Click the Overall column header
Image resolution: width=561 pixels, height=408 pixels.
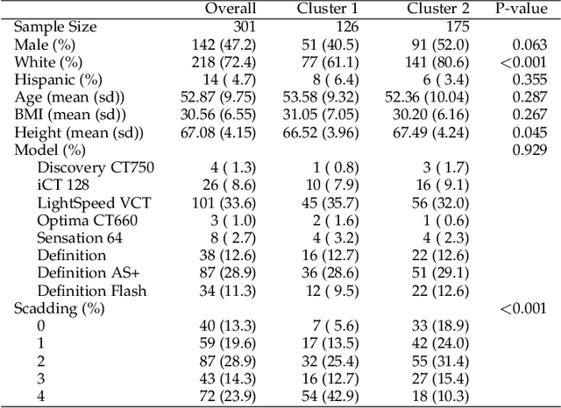(230, 9)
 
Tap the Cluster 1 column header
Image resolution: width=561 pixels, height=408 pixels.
(325, 9)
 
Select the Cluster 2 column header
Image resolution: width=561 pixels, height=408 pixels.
(439, 9)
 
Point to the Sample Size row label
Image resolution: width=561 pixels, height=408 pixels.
(55, 26)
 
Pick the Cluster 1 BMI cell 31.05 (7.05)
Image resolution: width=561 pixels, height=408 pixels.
(318, 115)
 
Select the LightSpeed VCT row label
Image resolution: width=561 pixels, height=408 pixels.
(94, 202)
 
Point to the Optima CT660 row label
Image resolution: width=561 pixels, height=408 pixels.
(88, 220)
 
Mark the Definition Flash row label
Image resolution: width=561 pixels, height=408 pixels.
(92, 290)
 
